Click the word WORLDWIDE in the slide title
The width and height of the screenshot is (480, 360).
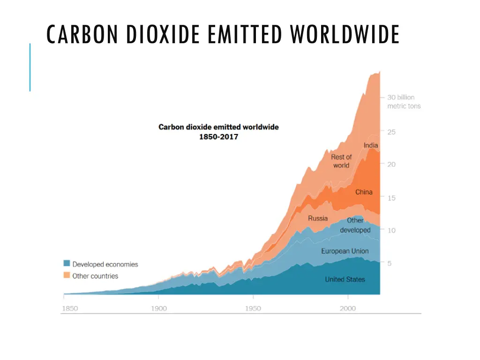345,35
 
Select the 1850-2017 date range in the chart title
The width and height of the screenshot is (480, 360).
218,136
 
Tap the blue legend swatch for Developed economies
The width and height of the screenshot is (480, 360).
67,264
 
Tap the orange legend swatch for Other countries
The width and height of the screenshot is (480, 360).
67,276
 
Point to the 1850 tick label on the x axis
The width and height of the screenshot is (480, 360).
70,308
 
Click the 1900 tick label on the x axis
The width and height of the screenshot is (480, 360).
158,308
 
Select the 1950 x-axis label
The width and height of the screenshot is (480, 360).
253,308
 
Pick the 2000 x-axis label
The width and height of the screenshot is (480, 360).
348,308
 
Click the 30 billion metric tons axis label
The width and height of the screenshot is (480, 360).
403,102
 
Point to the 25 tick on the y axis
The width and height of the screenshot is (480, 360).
391,132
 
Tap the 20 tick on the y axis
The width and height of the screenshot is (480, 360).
391,165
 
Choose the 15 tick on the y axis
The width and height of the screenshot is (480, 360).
391,198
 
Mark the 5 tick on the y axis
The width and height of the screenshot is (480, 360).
389,263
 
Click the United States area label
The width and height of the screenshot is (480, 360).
345,279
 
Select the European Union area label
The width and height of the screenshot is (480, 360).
345,251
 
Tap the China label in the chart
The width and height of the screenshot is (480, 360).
364,192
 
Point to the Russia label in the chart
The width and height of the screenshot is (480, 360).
318,218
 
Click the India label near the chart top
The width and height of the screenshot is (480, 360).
370,145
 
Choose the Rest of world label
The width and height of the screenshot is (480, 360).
341,161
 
